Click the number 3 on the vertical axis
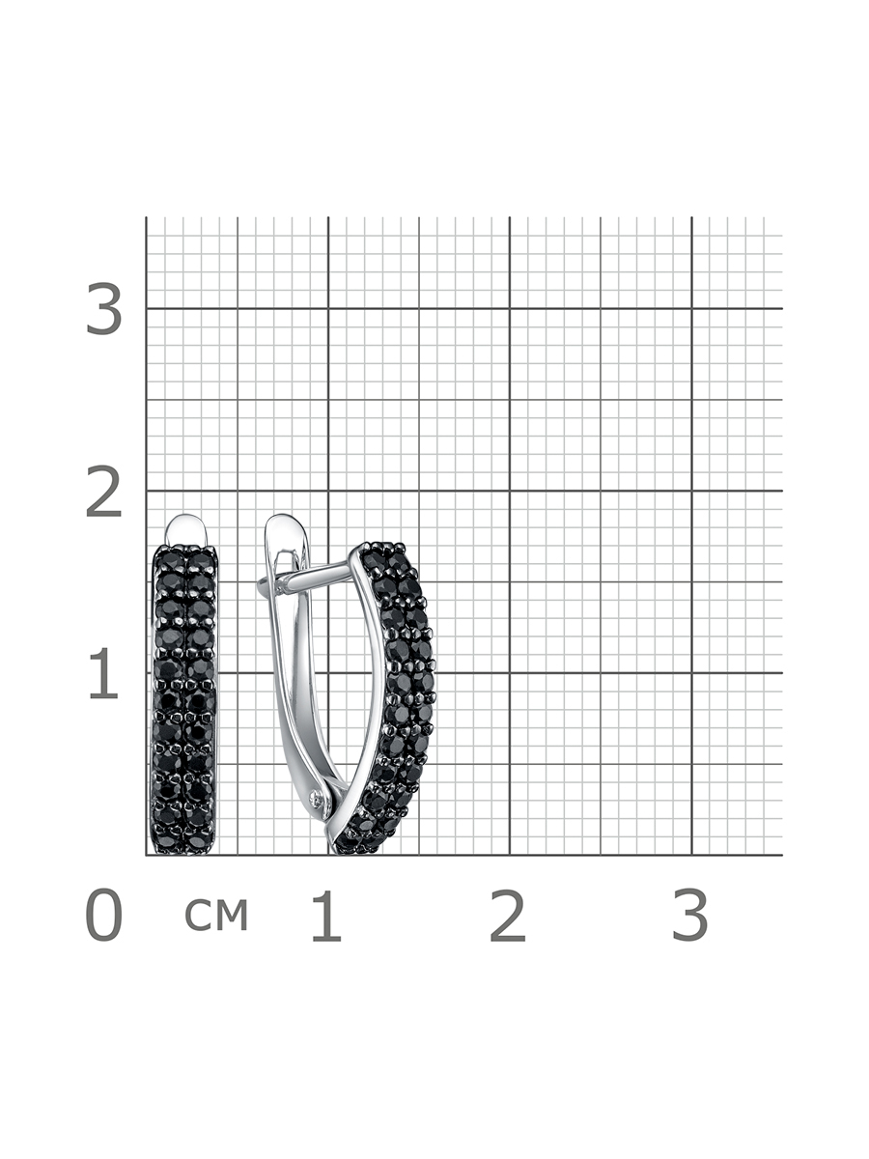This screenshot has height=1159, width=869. tap(104, 309)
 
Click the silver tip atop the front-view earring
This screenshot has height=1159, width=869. tap(185, 529)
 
